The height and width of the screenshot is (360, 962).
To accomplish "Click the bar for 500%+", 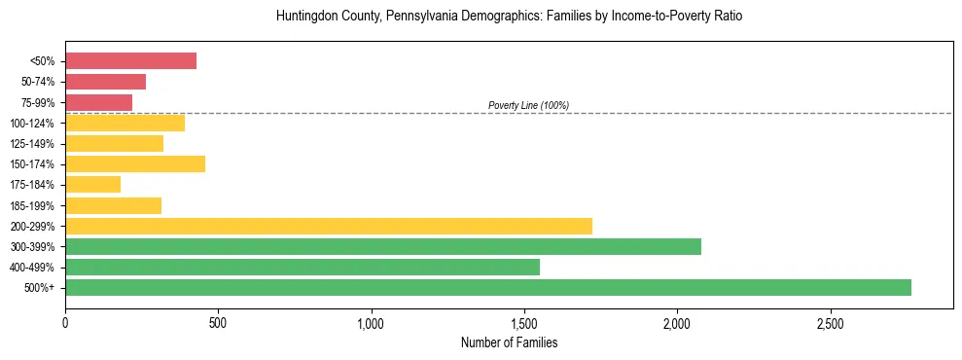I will click(487, 287).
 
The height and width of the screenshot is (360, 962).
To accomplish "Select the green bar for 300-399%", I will click(382, 246).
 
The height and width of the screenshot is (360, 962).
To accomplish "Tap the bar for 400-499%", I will click(302, 267).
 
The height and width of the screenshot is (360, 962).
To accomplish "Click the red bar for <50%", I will click(130, 61).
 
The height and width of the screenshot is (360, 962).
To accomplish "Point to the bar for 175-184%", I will click(92, 185).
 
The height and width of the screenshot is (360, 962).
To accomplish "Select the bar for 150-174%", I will click(134, 163).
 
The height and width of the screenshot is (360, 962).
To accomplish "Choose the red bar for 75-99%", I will click(98, 102).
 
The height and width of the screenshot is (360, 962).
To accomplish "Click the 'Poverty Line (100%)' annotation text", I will click(528, 105).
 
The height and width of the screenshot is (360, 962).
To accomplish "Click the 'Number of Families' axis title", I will click(509, 342).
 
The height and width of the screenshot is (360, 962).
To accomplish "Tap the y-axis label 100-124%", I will click(32, 124).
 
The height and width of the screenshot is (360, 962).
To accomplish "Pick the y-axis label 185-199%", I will click(32, 205).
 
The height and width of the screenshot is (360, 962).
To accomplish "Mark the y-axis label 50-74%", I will click(36, 82).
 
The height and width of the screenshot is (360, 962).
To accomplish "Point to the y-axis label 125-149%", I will click(32, 144).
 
